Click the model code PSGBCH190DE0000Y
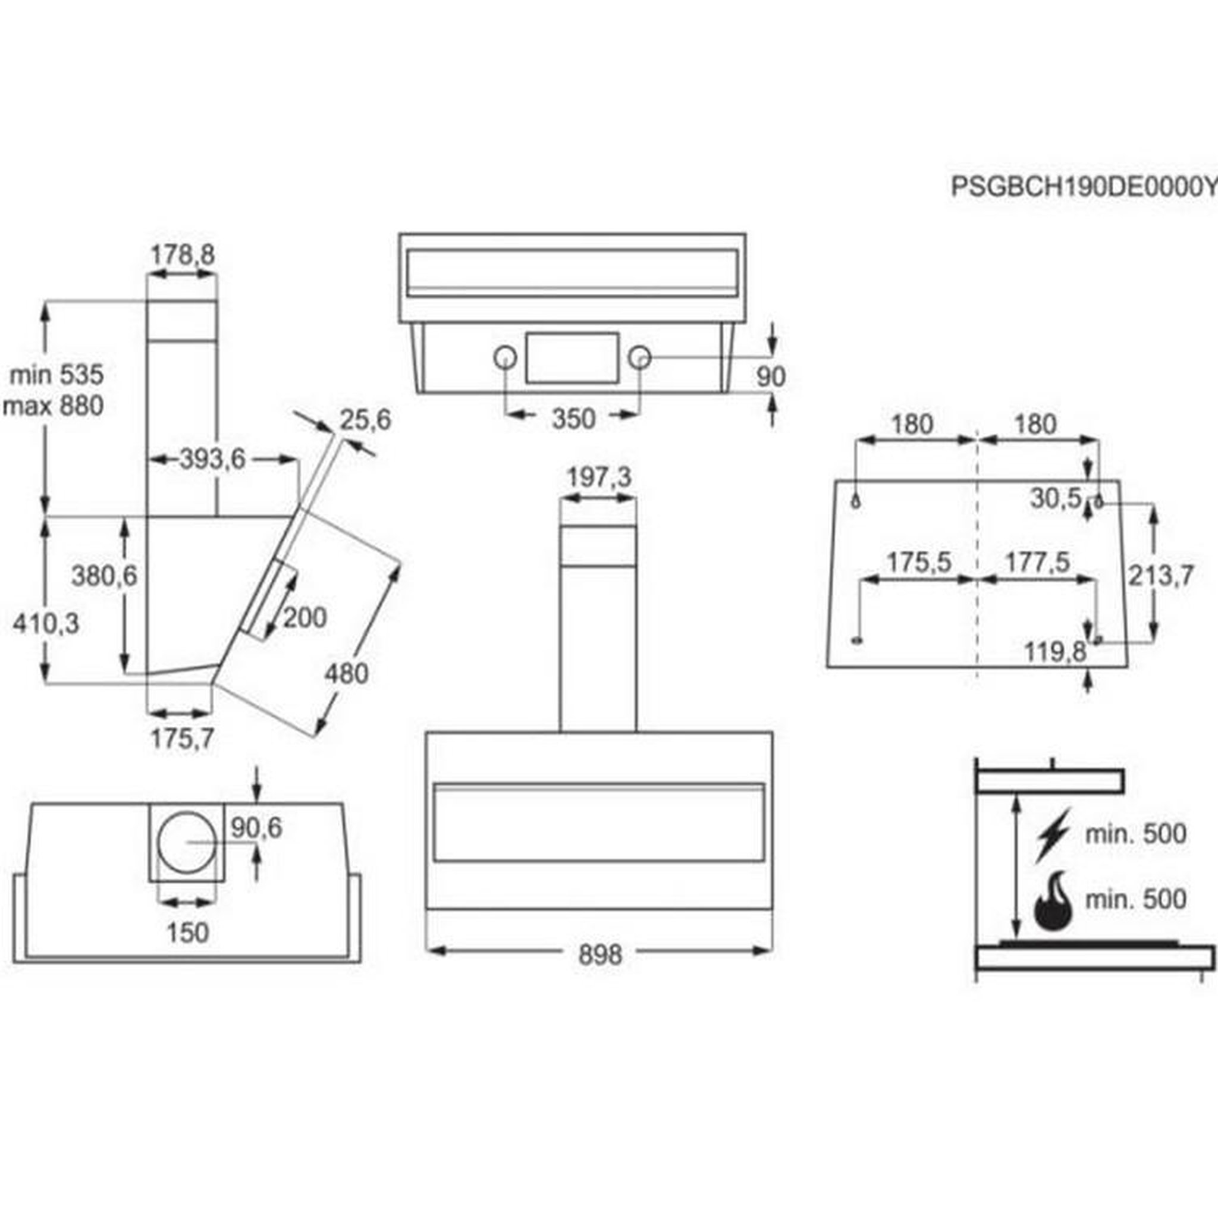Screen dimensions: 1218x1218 click(1083, 187)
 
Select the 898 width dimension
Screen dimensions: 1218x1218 click(600, 955)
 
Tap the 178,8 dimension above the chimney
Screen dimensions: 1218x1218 click(182, 255)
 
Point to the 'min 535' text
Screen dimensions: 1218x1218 click(56, 375)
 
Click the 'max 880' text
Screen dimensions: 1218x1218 click(53, 406)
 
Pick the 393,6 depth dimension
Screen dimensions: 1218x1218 click(212, 459)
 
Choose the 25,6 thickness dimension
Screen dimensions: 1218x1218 click(366, 419)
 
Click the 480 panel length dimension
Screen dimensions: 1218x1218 click(346, 674)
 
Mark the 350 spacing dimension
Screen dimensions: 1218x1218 click(573, 419)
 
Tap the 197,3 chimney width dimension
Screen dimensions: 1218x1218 click(599, 477)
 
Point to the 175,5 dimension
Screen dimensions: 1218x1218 click(918, 561)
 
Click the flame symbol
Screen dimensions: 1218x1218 click(1053, 902)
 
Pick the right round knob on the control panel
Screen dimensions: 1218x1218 click(639, 357)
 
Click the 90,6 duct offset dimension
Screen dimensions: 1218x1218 click(256, 828)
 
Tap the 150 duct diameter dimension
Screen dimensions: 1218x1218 click(188, 933)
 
